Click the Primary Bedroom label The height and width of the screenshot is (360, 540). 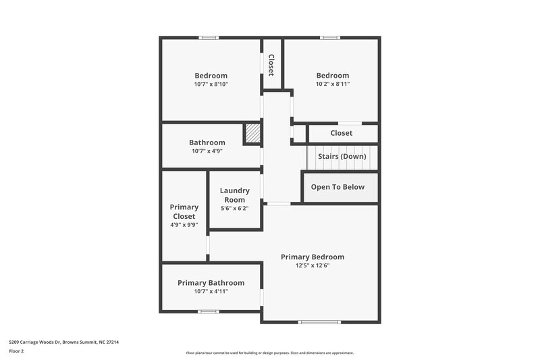(x=313, y=257)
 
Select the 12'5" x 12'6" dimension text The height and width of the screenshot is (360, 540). (x=313, y=265)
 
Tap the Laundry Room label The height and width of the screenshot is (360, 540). (x=235, y=195)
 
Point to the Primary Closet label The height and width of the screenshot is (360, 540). (x=184, y=211)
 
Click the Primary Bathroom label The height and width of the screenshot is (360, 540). (x=211, y=282)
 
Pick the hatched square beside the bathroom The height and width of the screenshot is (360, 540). (x=252, y=133)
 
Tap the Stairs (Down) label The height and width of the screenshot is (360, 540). (x=342, y=156)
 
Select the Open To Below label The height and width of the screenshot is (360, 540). (x=337, y=187)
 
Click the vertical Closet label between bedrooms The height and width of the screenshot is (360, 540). (x=271, y=65)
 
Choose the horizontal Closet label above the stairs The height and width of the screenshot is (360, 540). (x=341, y=133)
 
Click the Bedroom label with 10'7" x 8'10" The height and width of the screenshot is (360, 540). (x=211, y=76)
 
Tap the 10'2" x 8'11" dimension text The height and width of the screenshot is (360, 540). (x=333, y=84)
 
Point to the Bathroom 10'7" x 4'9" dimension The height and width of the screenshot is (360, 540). (x=207, y=151)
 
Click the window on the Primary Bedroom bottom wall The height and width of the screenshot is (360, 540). (x=319, y=322)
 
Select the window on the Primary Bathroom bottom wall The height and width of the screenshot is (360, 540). (x=208, y=311)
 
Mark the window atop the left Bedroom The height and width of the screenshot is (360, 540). (x=209, y=37)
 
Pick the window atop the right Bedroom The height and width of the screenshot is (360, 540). (x=329, y=37)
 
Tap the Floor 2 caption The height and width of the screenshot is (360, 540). (x=16, y=351)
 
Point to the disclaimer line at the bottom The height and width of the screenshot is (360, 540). (x=270, y=353)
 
